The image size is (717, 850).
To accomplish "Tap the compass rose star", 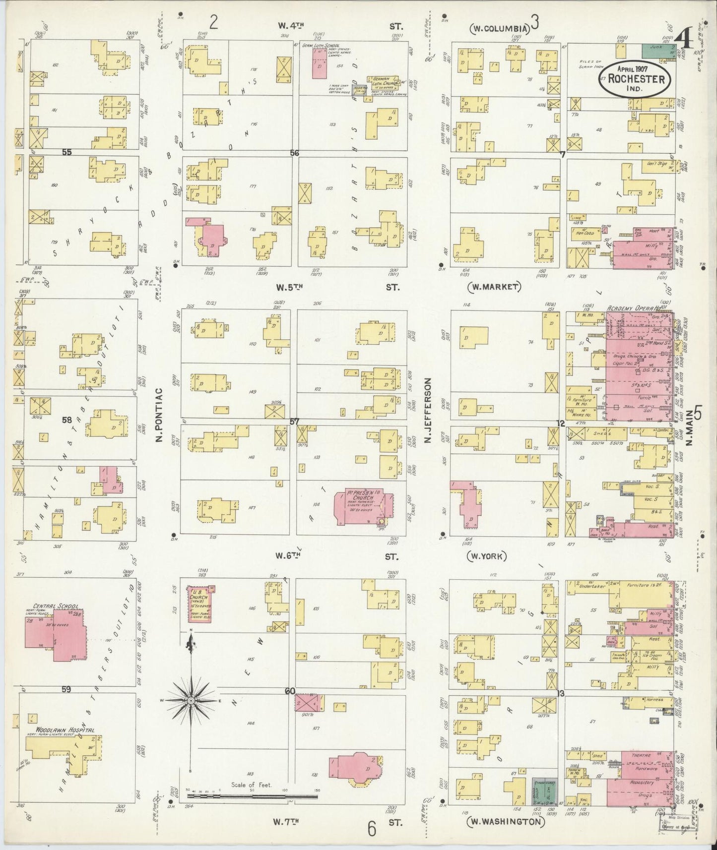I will click(191, 700).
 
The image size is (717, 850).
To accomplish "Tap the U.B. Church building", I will click(200, 605).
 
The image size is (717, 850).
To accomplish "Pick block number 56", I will click(295, 153).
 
